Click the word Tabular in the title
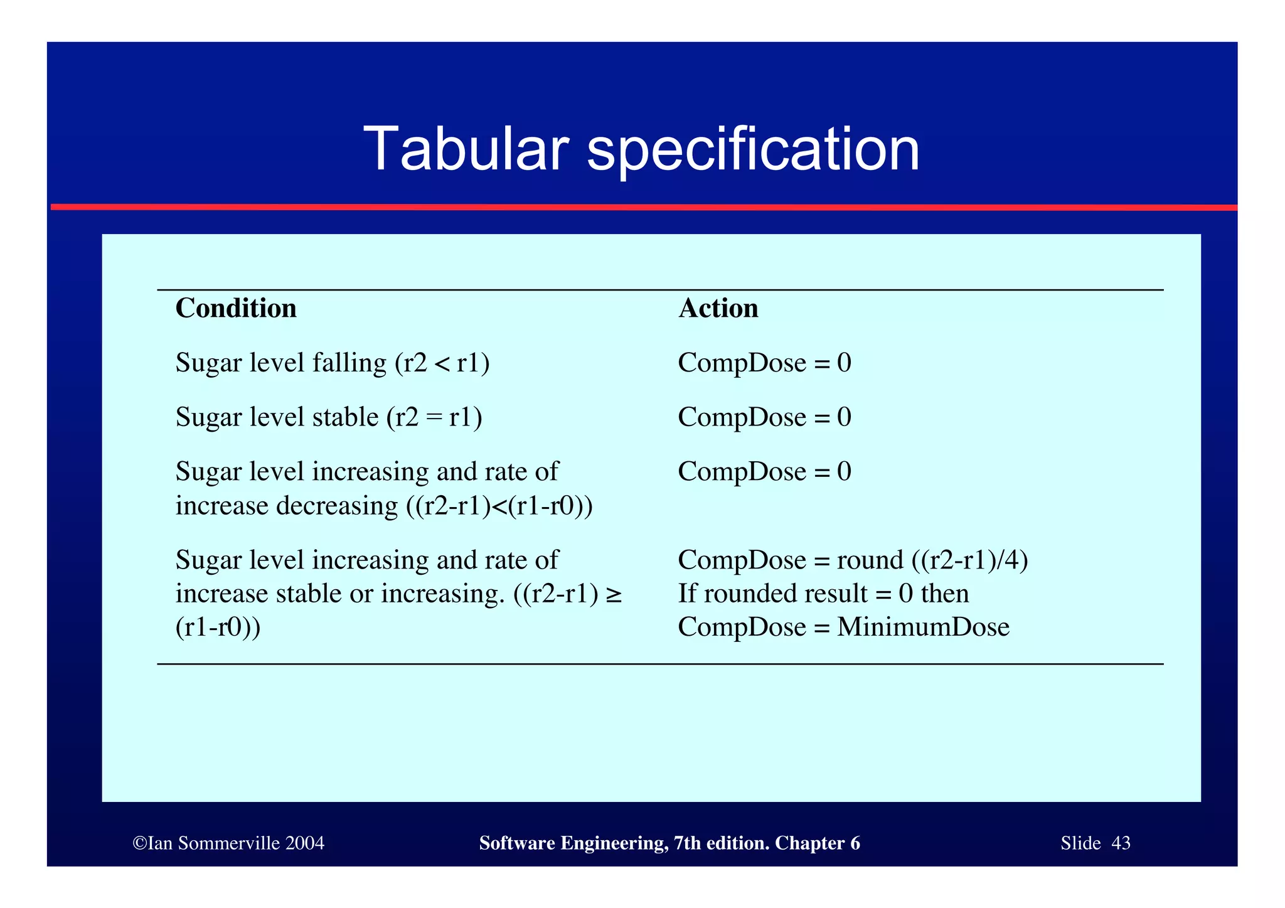coord(466,149)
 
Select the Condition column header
coord(236,308)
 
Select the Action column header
coord(718,308)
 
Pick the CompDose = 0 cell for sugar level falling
coord(764,363)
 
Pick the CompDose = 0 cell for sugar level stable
coord(764,417)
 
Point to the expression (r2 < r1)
coord(442,363)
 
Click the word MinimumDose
coord(923,627)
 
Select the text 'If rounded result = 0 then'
coord(823,594)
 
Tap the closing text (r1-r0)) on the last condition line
coord(218,627)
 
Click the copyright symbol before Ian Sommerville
coord(139,843)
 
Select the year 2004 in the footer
coord(304,843)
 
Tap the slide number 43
coord(1121,843)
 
